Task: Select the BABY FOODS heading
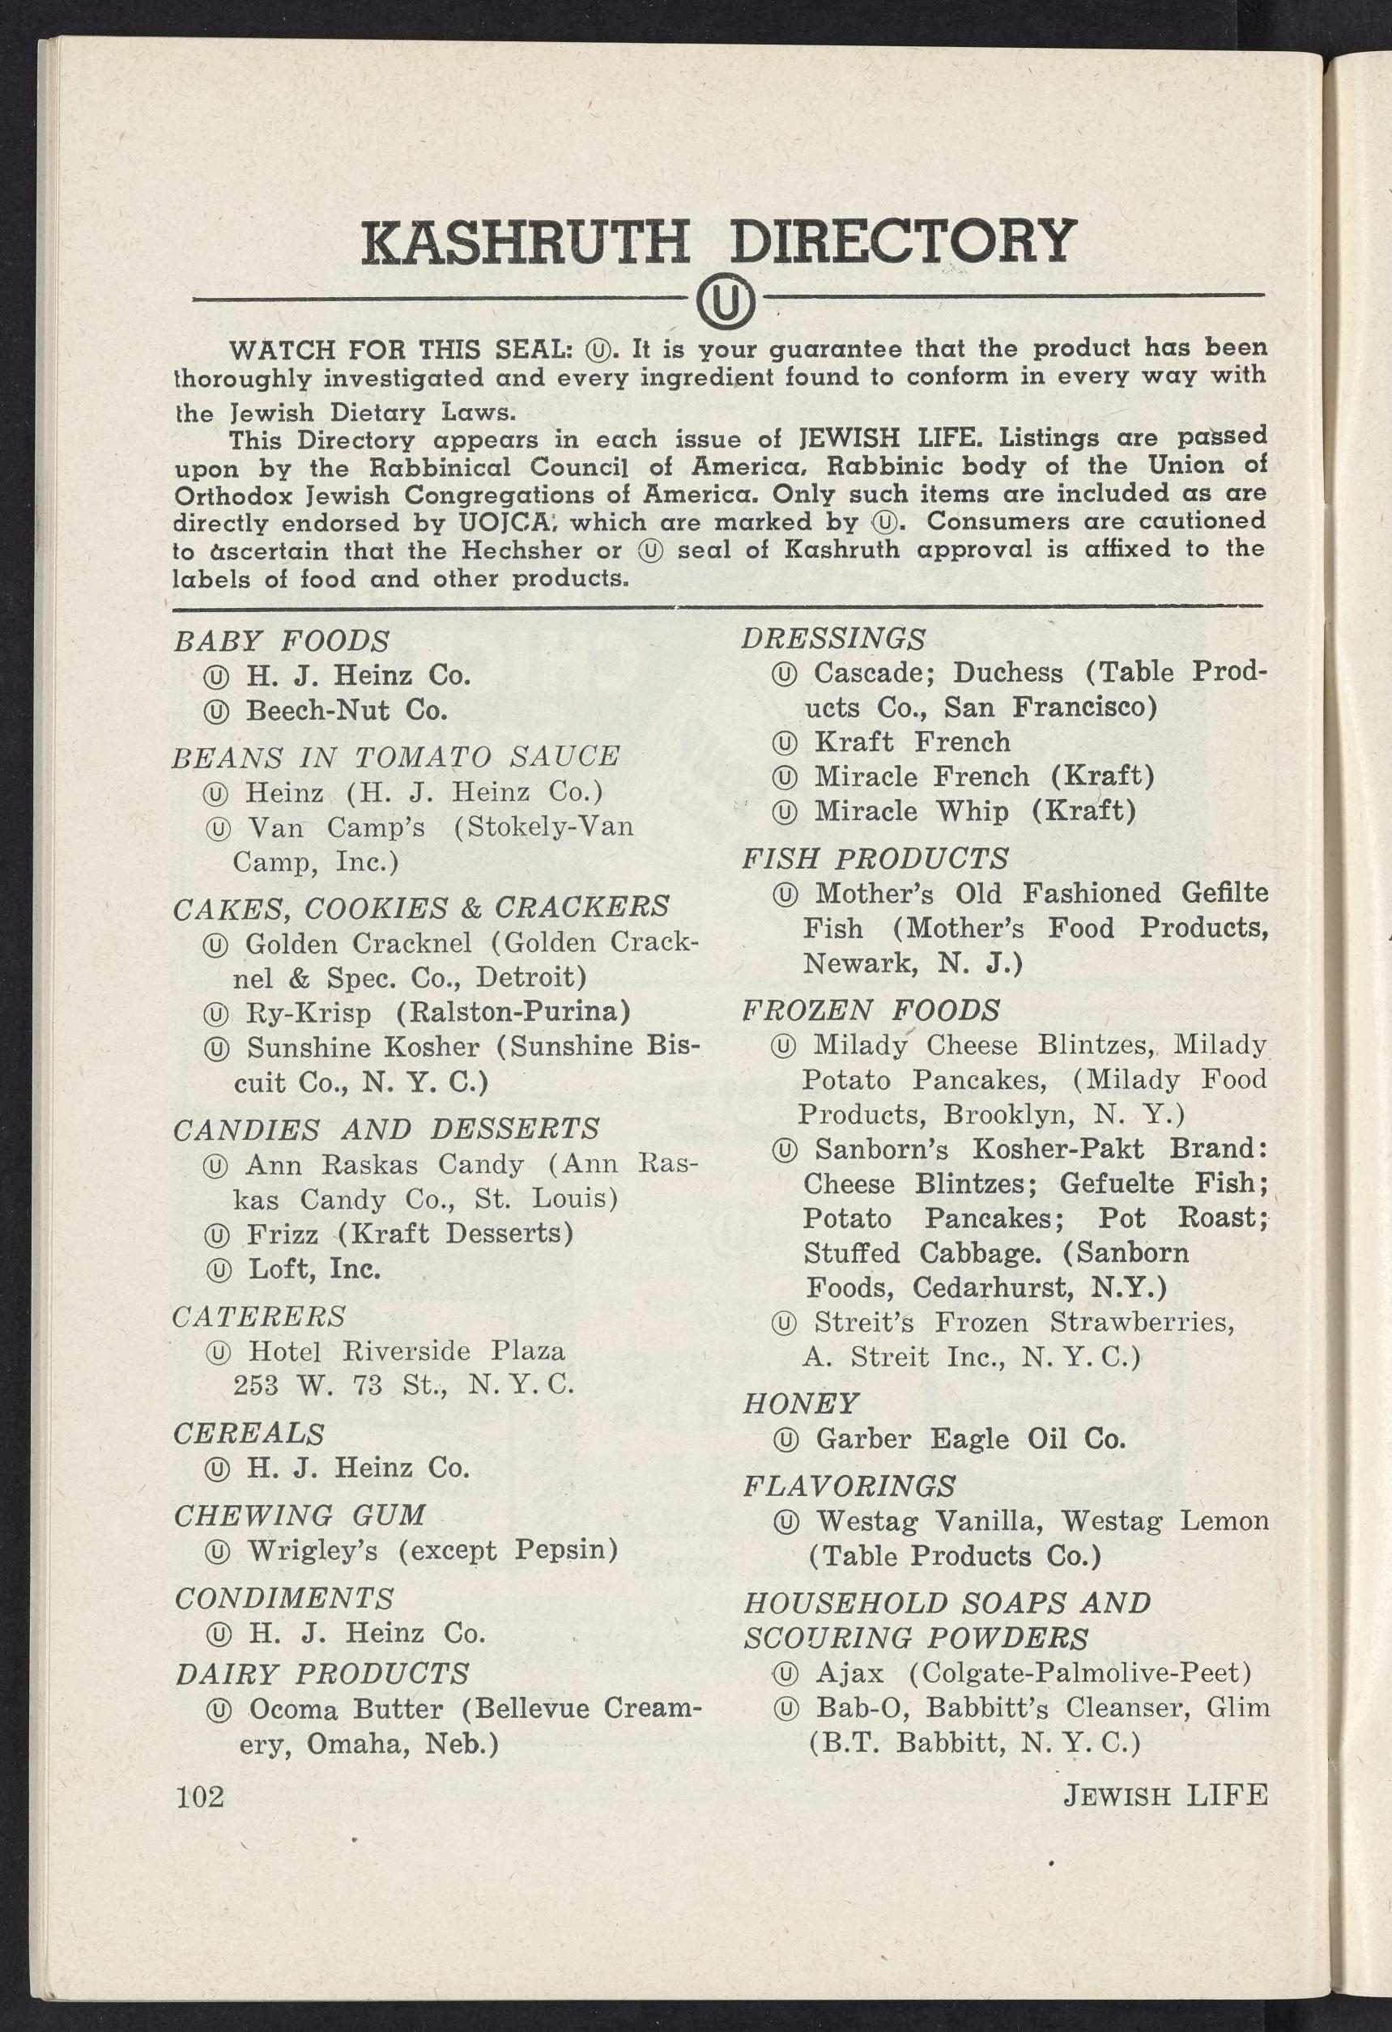point(282,641)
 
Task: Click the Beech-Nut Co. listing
point(347,709)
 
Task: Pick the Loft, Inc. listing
point(314,1268)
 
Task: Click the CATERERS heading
point(259,1315)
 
